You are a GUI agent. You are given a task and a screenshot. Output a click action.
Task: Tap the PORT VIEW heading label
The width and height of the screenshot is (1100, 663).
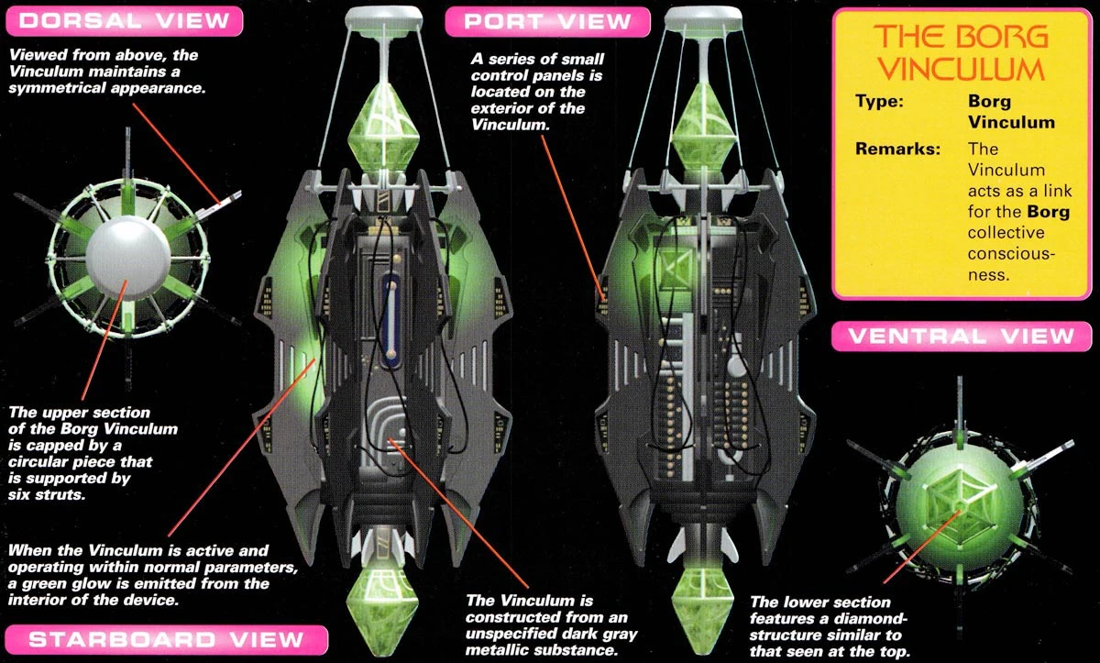547,21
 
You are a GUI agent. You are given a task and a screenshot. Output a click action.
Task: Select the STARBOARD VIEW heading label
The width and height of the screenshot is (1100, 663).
166,639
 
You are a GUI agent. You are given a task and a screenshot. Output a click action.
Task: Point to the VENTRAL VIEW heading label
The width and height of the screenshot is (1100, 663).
961,336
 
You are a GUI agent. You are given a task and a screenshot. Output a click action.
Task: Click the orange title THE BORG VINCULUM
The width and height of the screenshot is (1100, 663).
960,53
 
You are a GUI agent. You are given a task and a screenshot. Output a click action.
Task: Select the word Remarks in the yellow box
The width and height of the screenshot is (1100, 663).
897,149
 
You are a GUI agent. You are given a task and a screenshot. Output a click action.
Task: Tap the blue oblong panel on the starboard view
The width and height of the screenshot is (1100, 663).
391,315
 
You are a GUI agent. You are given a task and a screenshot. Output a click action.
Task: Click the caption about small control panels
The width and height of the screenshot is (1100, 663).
528,92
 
